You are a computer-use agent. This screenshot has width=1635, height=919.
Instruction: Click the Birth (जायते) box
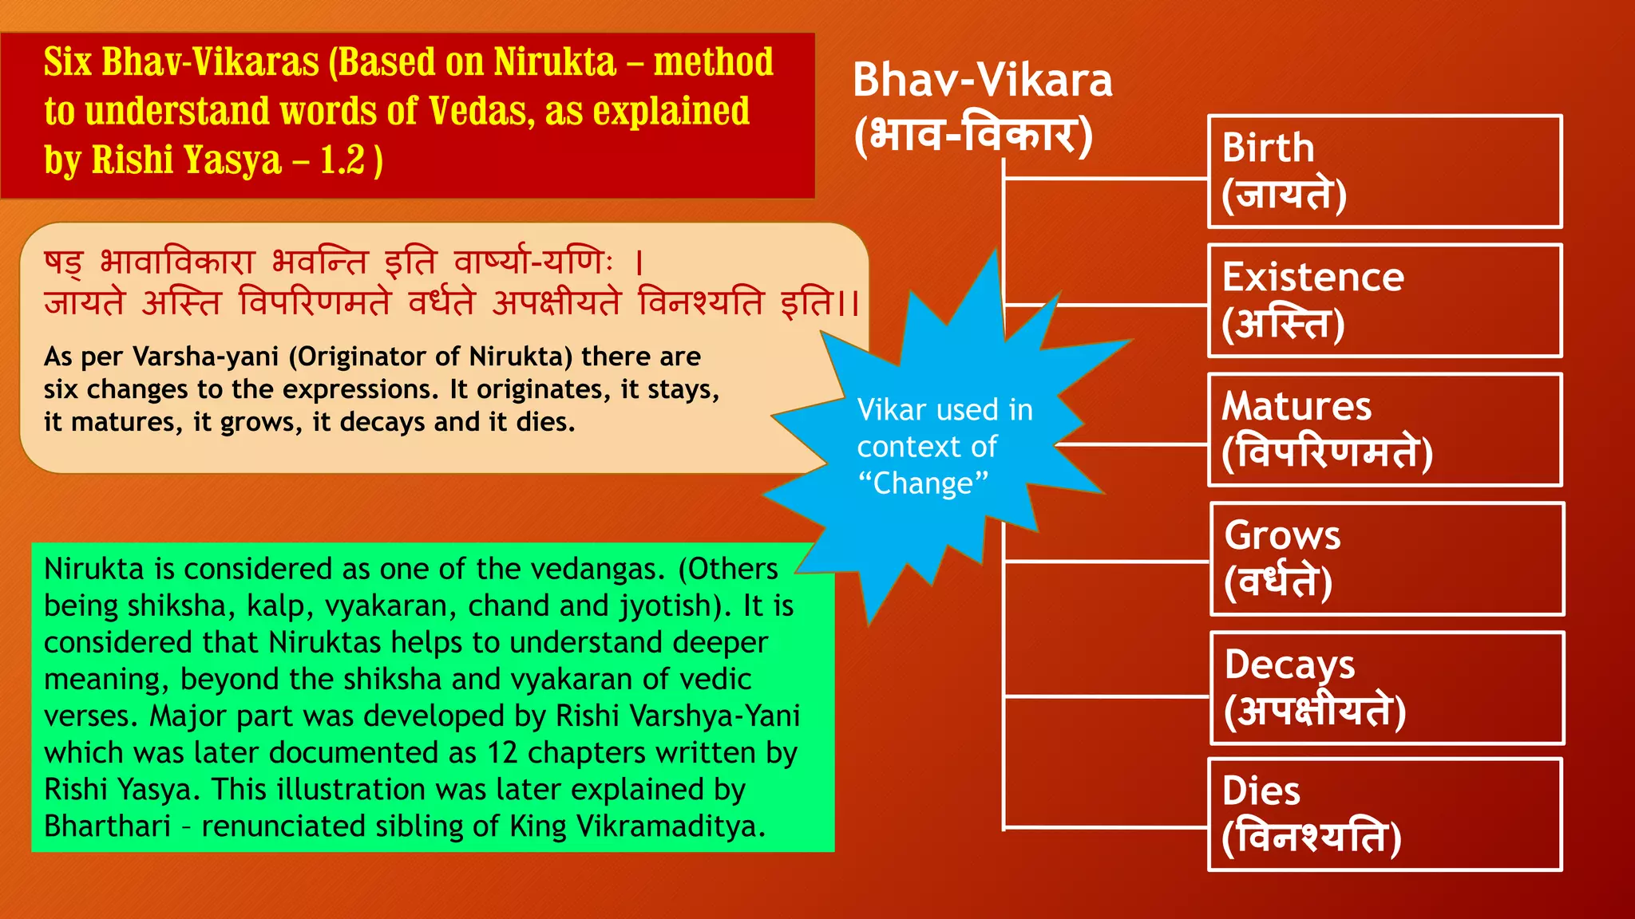click(x=1384, y=172)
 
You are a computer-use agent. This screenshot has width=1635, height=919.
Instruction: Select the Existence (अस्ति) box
click(x=1384, y=301)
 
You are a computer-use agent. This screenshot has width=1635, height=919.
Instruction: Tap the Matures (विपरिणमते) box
click(x=1384, y=430)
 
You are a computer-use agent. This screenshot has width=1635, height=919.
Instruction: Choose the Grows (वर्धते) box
click(x=1386, y=559)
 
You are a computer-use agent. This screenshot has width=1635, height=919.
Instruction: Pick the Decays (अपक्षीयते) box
click(x=1386, y=688)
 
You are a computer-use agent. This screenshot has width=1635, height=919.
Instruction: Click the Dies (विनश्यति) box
click(x=1384, y=814)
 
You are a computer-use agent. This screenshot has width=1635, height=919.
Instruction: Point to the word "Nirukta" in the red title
click(x=555, y=62)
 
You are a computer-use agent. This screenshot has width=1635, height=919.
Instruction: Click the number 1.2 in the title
click(x=342, y=160)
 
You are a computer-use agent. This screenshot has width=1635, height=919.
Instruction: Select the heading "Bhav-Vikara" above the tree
click(x=982, y=80)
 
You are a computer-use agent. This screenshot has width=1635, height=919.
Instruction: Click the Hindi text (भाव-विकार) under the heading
click(x=973, y=136)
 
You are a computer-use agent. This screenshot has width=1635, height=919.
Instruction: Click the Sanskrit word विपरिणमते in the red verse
click(x=315, y=303)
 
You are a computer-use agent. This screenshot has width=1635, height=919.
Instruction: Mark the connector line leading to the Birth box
click(x=1106, y=179)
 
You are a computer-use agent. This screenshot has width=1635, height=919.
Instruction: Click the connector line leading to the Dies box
click(x=1106, y=828)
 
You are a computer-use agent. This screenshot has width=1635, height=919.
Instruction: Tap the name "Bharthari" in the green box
click(x=107, y=826)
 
